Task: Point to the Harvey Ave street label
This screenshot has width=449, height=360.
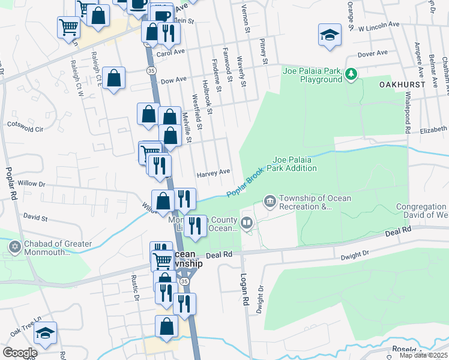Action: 214,172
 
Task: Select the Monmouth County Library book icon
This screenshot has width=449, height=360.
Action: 247,223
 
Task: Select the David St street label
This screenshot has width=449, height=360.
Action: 35,215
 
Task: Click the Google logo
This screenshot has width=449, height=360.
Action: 20,352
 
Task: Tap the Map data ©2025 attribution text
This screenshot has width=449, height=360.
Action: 423,355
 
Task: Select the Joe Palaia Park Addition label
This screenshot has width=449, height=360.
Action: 295,164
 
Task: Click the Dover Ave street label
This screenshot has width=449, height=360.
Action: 372,54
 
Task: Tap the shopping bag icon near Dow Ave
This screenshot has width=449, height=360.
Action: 113,78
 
